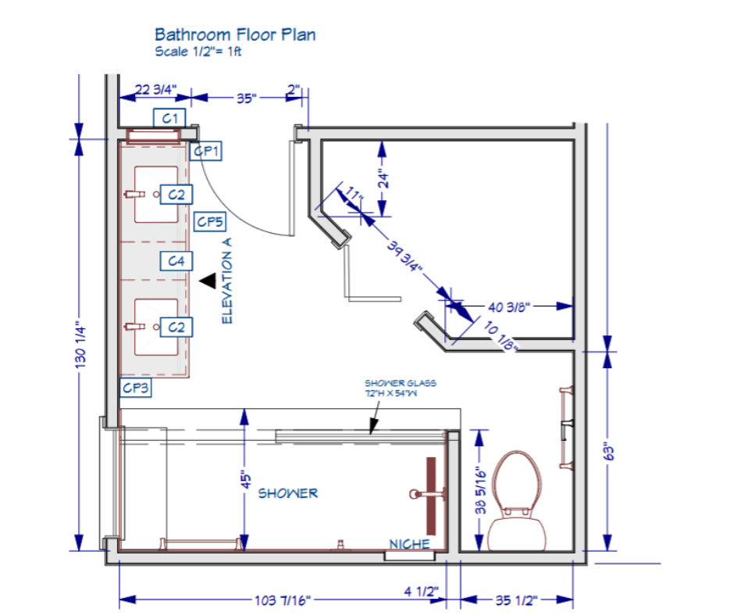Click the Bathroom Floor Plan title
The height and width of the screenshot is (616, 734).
coord(235,34)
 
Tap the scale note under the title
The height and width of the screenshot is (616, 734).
coord(198,51)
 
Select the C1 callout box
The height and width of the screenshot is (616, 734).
coord(169,118)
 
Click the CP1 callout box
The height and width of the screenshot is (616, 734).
coord(206,151)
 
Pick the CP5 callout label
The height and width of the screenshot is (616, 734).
coord(210,221)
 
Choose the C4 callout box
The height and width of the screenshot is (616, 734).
coord(176,261)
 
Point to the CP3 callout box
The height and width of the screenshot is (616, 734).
coord(135,388)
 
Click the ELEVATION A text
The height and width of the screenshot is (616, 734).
coord(227,281)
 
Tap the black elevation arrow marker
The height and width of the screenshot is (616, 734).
coord(208,281)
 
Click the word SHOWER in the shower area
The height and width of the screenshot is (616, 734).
coord(288,493)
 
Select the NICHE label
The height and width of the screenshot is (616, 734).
coord(410,544)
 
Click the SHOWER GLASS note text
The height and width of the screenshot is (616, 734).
coord(401,388)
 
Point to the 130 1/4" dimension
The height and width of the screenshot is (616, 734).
coord(80,347)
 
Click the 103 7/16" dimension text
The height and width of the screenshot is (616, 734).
coord(282,600)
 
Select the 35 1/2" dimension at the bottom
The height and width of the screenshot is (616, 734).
coord(516,600)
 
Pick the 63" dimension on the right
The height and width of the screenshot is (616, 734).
coord(608,451)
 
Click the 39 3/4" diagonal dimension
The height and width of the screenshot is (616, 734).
coord(405,256)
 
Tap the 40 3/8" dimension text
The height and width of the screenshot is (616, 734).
coord(509,307)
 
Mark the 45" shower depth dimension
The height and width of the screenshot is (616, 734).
coord(246,479)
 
